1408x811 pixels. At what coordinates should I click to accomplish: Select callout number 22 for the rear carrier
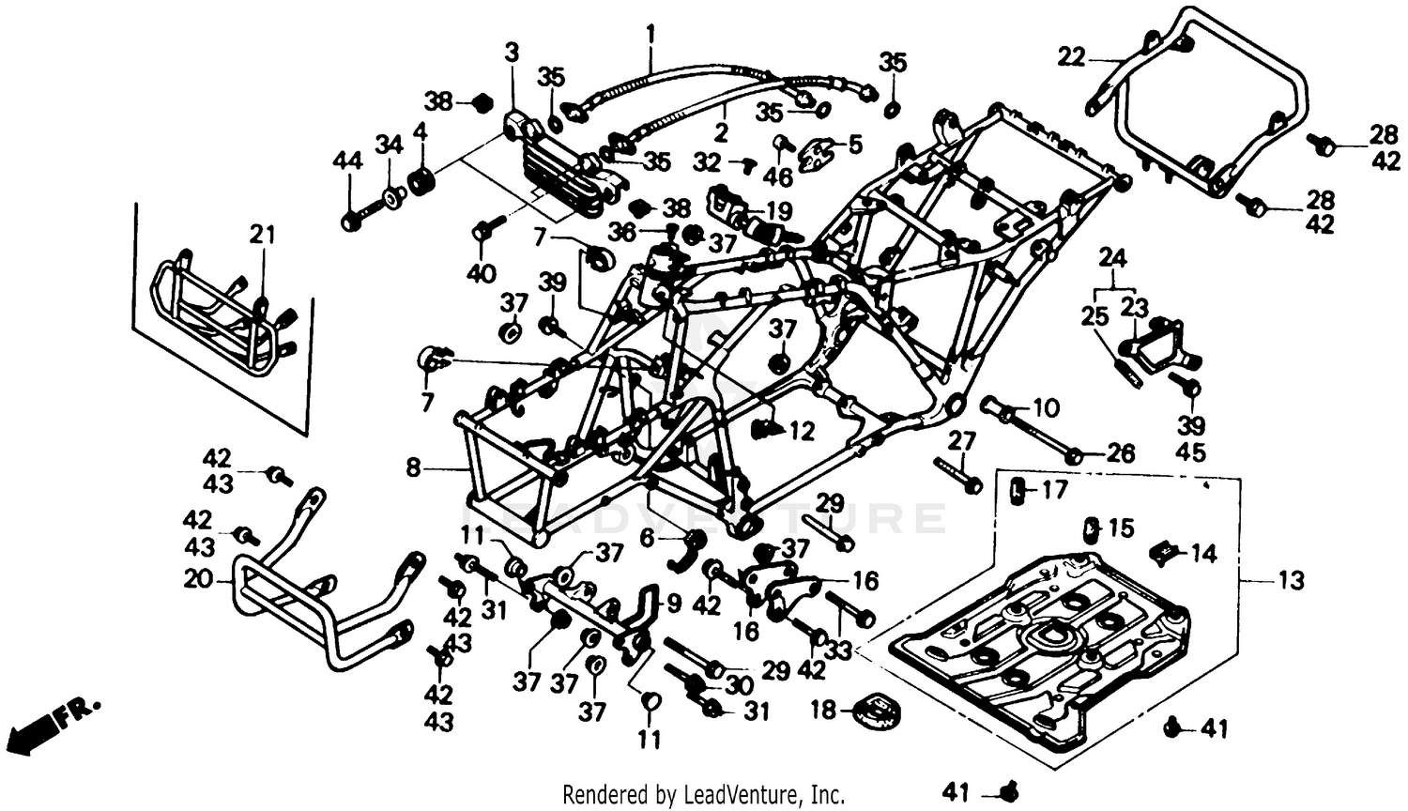pos(1071,58)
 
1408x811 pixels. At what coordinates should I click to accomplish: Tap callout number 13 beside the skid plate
pos(1292,580)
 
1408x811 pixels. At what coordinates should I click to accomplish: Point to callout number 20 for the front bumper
pos(198,579)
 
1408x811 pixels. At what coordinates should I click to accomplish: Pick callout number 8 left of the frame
pos(413,467)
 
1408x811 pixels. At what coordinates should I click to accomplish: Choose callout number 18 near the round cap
pos(823,710)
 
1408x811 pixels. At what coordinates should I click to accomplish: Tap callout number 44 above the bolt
pos(347,161)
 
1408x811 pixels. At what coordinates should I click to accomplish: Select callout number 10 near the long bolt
pos(1045,408)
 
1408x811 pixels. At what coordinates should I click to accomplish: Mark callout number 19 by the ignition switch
pos(778,211)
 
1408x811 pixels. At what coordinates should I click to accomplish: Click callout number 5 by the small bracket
pos(802,433)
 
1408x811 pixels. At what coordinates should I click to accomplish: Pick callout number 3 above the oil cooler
pos(512,53)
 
